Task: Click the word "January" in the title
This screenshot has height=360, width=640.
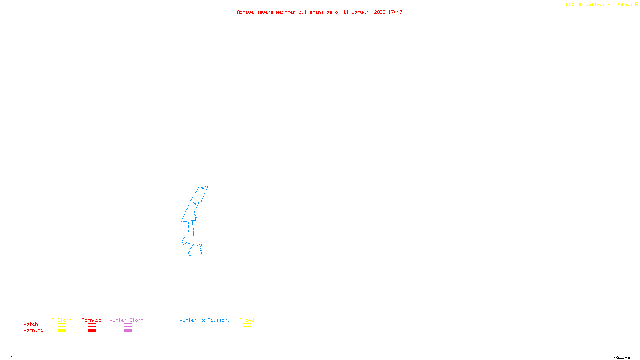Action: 361,12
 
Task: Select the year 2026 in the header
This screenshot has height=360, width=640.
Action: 380,12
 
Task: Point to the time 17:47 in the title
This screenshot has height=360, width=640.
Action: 395,12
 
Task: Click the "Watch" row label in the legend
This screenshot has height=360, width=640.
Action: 31,324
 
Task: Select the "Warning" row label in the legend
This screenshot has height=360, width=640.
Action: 33,330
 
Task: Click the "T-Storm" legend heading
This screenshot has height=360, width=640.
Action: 62,320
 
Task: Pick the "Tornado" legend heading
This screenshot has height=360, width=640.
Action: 92,320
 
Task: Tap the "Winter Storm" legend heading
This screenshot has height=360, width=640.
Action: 126,320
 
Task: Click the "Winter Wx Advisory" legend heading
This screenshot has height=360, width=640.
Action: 205,320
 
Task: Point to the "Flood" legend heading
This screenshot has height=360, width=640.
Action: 247,320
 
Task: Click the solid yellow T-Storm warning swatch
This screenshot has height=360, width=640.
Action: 62,331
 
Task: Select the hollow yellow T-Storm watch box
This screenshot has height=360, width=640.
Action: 62,325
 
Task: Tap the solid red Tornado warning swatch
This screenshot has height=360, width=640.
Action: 92,331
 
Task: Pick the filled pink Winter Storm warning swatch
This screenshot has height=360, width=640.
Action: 128,331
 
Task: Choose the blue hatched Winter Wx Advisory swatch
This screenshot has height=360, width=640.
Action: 204,331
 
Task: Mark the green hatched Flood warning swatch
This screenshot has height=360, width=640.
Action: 247,331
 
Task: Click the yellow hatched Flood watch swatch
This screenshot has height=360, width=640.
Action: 247,325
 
